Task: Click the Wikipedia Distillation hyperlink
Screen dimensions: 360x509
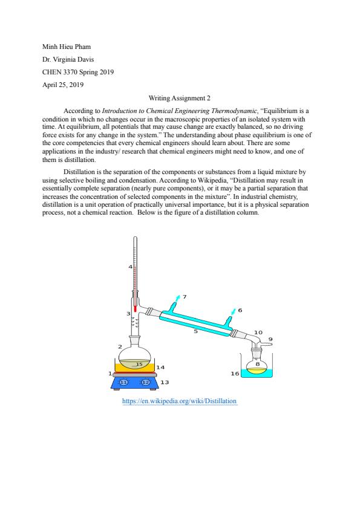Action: tap(179, 401)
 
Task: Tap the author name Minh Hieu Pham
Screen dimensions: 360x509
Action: tap(67, 47)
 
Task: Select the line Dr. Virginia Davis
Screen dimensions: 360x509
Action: tap(68, 59)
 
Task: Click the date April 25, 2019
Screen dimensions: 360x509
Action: tap(63, 85)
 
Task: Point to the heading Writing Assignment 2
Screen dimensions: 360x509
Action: tap(179, 98)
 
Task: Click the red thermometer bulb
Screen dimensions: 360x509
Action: tap(135, 309)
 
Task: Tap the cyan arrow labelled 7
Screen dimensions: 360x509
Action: tap(177, 298)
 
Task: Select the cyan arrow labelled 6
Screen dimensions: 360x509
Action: tap(232, 311)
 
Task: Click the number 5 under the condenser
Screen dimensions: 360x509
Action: tap(196, 331)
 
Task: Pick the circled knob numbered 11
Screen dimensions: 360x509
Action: tap(123, 383)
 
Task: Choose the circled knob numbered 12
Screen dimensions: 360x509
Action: tap(146, 383)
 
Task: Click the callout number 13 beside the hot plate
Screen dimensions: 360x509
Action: tap(165, 383)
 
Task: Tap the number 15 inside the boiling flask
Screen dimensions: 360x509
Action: tap(139, 365)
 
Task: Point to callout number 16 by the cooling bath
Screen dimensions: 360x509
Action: tap(235, 374)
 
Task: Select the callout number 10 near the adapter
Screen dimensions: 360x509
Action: tap(258, 332)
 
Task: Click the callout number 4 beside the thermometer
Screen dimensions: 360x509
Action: tap(130, 267)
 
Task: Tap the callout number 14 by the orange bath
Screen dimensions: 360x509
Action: tap(160, 368)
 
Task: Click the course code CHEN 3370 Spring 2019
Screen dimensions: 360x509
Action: tap(78, 72)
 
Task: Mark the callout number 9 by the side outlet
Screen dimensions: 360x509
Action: tap(270, 339)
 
